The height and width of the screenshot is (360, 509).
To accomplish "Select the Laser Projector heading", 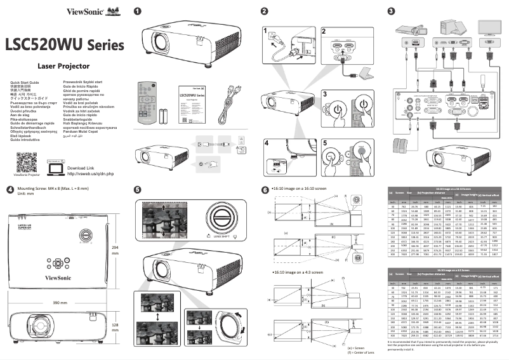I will (56, 65).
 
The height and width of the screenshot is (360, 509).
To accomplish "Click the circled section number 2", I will (264, 11).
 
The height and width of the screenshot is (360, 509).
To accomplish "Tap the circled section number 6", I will (265, 189).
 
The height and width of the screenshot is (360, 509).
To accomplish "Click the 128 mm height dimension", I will (116, 328).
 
